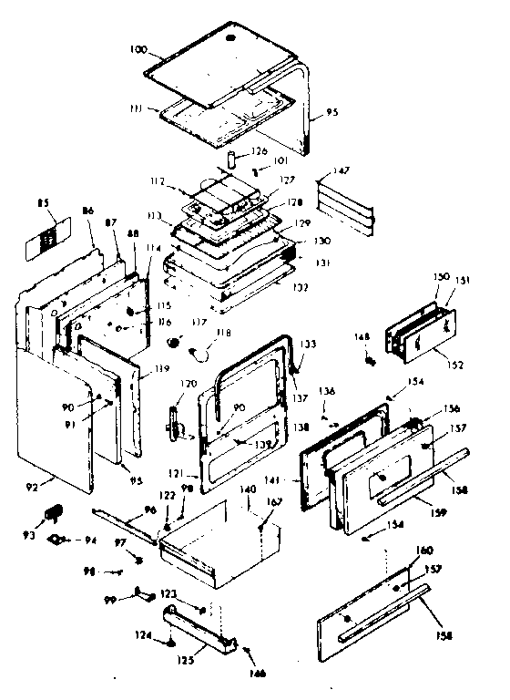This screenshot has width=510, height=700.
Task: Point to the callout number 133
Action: point(311,345)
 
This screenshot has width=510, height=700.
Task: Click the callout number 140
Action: point(248,490)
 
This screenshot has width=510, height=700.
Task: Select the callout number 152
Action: point(454,365)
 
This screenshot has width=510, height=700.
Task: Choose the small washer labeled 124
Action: point(170,643)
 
